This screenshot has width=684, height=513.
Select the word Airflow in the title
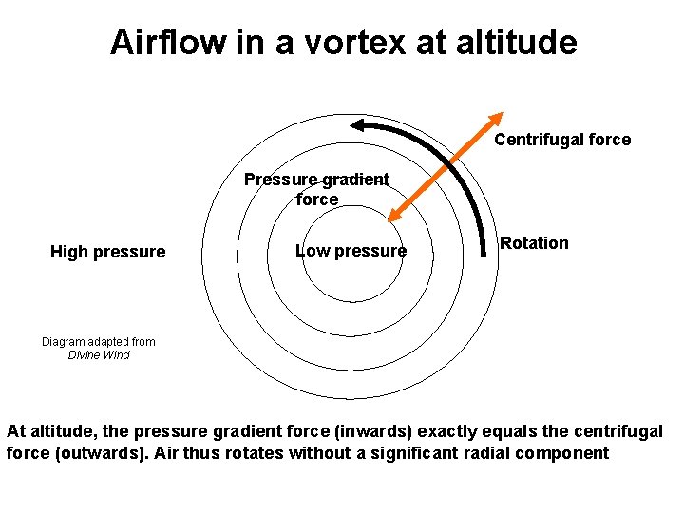pos(169,43)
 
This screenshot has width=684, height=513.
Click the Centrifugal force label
pos(562,140)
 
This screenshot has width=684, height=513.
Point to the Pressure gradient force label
pos(316,189)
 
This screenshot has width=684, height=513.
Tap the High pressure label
pos(107,252)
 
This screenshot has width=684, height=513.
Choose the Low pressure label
pos(351,251)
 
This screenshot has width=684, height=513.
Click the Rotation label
pos(534,243)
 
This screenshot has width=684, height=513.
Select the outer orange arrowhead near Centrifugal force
pos(497,119)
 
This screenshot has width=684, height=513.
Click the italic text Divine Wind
pos(99,355)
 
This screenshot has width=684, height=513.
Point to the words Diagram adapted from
pos(99,342)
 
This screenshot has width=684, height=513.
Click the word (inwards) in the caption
pos(322,431)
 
